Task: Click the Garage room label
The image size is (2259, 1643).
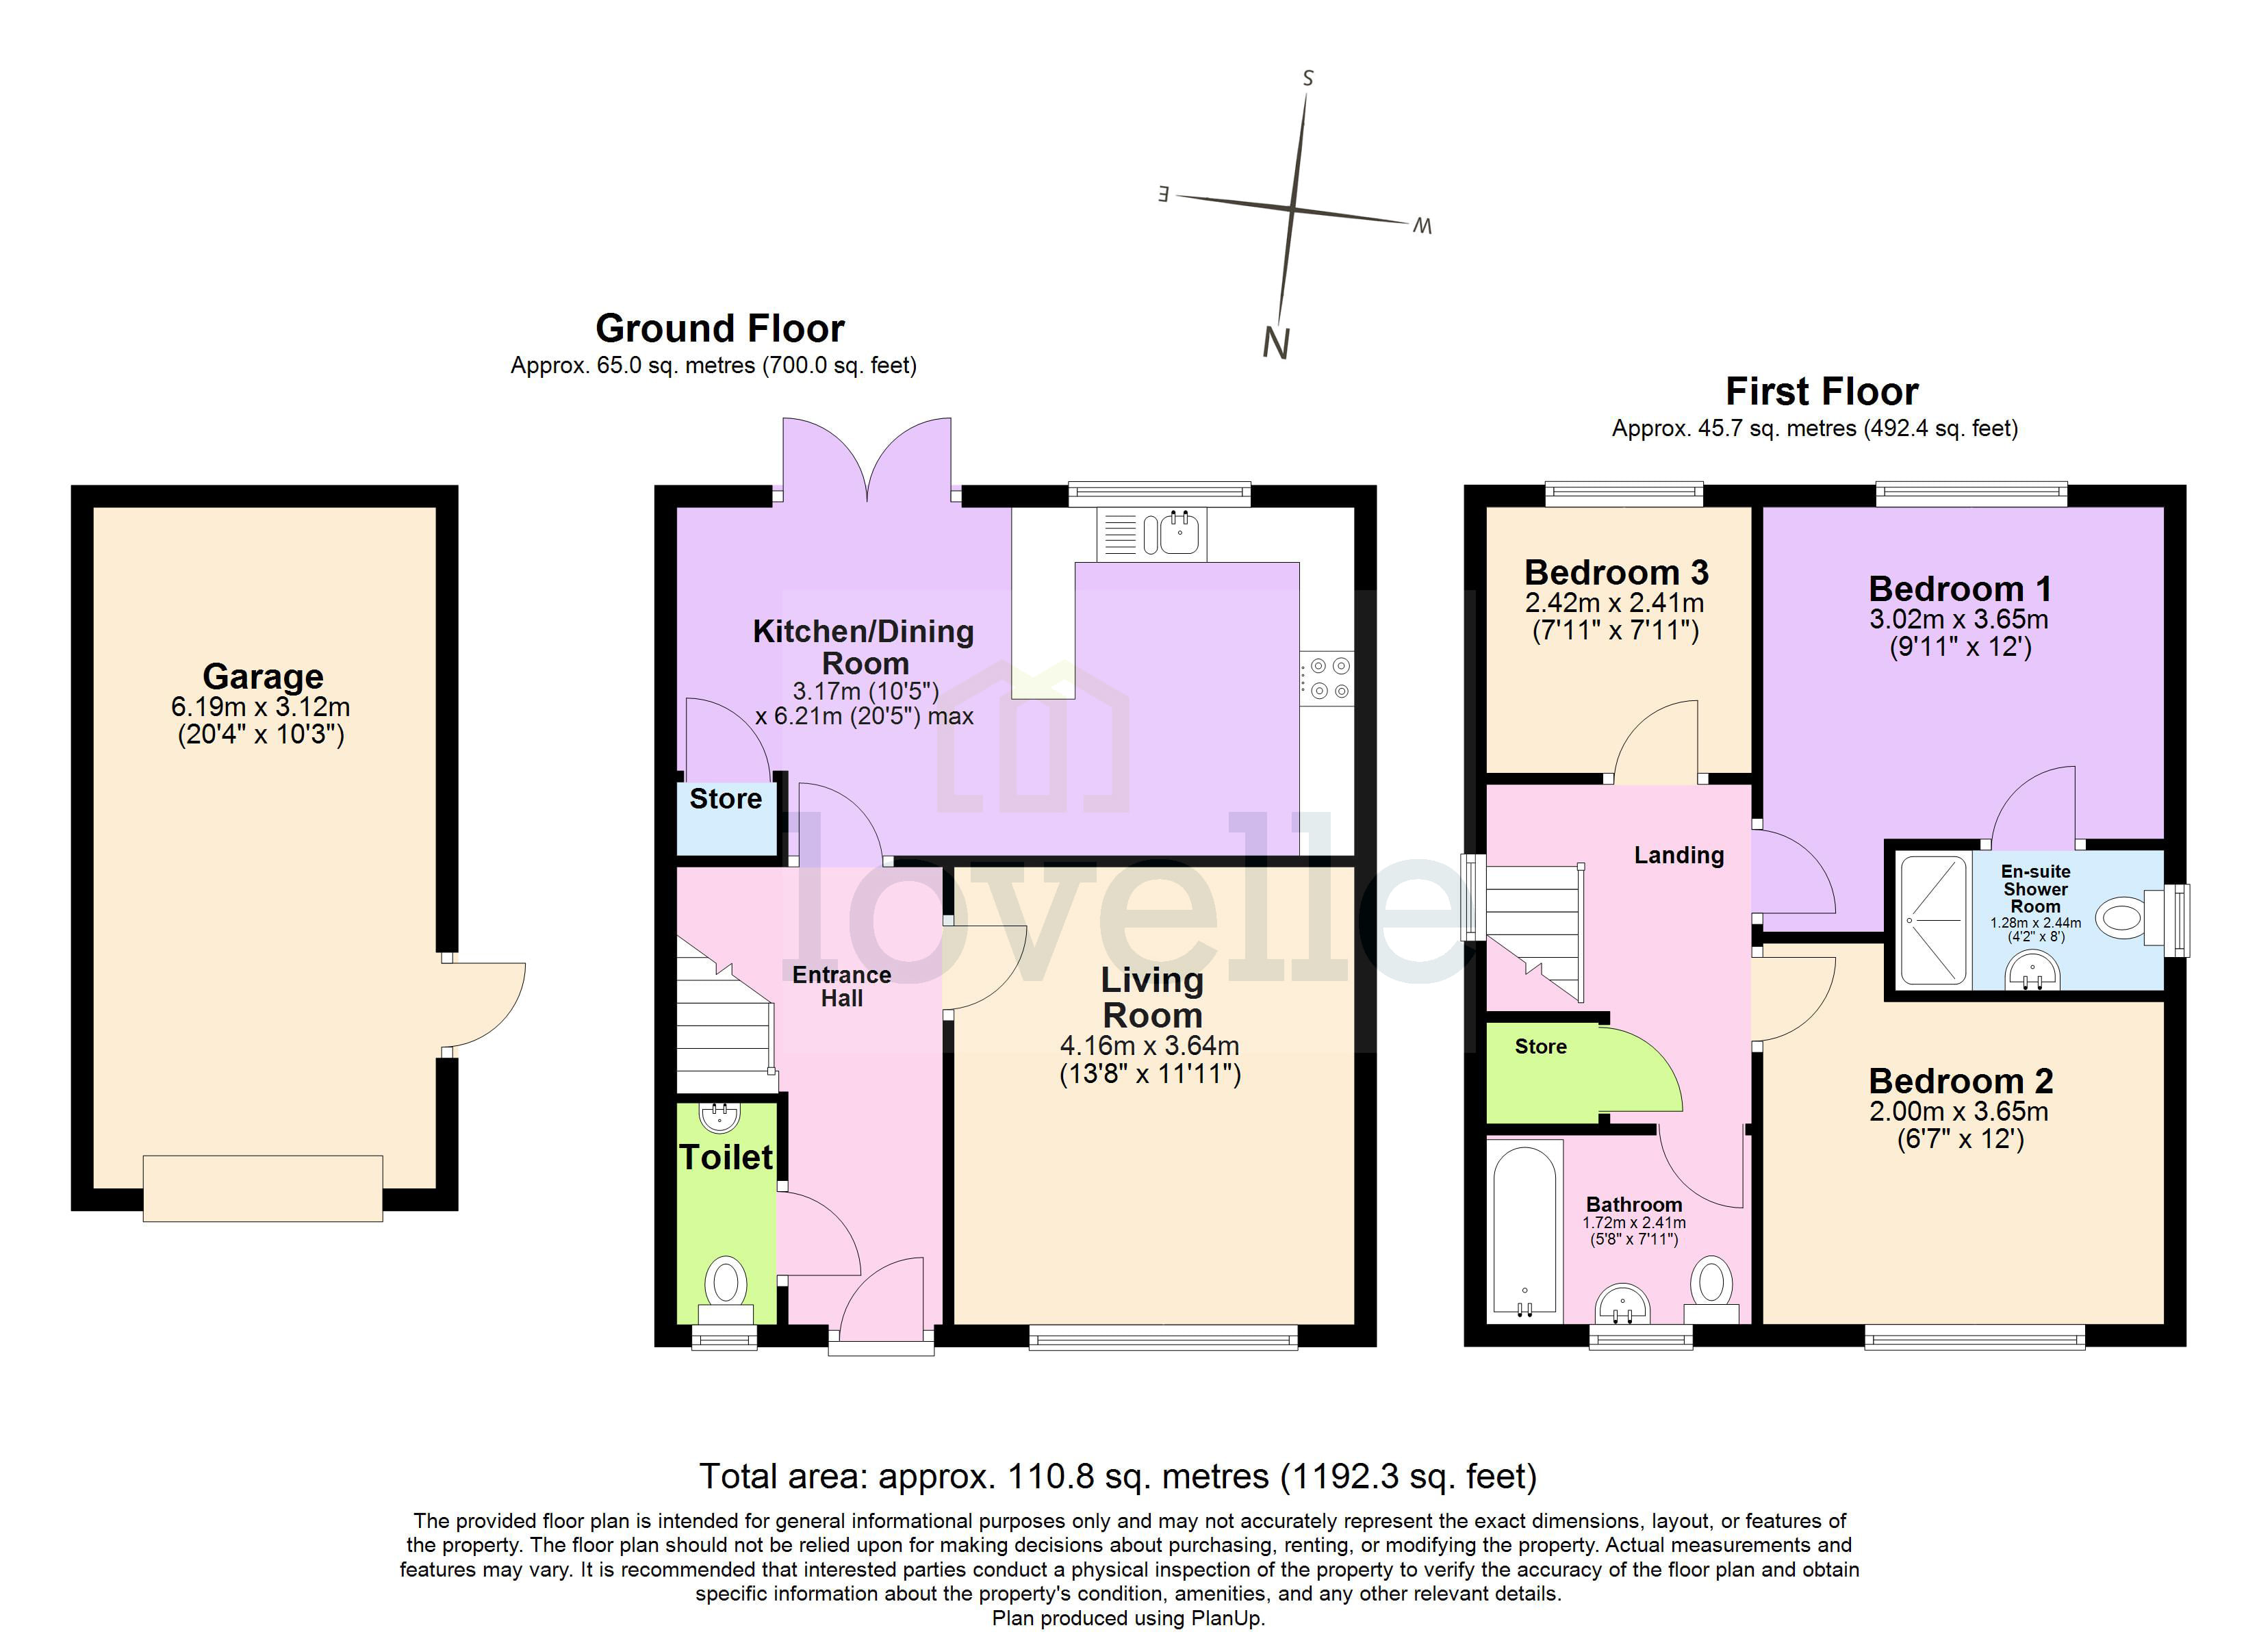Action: (263, 676)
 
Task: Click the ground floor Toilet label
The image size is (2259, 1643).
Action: (726, 1157)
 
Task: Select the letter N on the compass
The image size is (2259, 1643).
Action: (1276, 344)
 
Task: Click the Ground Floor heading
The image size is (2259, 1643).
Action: (720, 329)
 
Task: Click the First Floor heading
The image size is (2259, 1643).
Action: (1822, 392)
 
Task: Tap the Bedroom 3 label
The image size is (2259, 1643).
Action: (1617, 573)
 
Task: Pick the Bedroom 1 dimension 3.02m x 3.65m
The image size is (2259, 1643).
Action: (1958, 620)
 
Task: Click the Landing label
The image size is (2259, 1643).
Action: (1679, 855)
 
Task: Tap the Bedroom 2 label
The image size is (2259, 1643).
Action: (1960, 1081)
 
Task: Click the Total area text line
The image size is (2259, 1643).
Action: (1118, 1475)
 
